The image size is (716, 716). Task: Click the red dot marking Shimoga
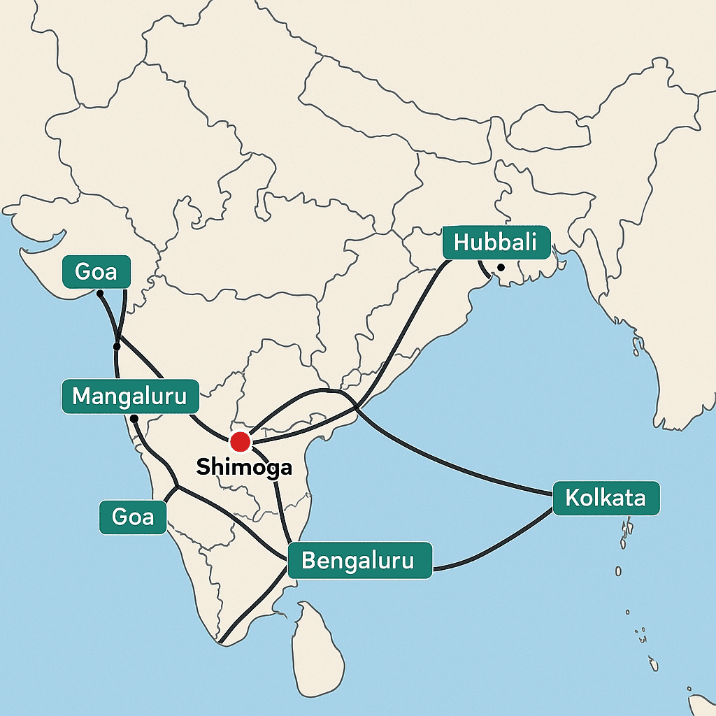[x=240, y=441]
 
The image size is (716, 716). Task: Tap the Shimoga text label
[x=244, y=467]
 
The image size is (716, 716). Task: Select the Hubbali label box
[x=495, y=243]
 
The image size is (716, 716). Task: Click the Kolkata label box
[x=606, y=499]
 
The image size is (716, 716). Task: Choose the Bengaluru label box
[x=358, y=560]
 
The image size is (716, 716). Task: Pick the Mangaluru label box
[x=130, y=396]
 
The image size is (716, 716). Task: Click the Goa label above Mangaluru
[x=96, y=271]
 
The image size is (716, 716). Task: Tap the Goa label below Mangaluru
[x=133, y=517]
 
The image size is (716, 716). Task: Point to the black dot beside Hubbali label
[x=501, y=267]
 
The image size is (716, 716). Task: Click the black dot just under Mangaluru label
[x=134, y=418]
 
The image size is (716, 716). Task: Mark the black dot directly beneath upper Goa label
[x=100, y=293]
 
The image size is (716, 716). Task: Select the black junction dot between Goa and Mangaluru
[x=117, y=346]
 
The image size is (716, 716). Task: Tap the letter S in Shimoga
[x=203, y=467]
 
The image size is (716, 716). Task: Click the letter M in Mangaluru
[x=82, y=396]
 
